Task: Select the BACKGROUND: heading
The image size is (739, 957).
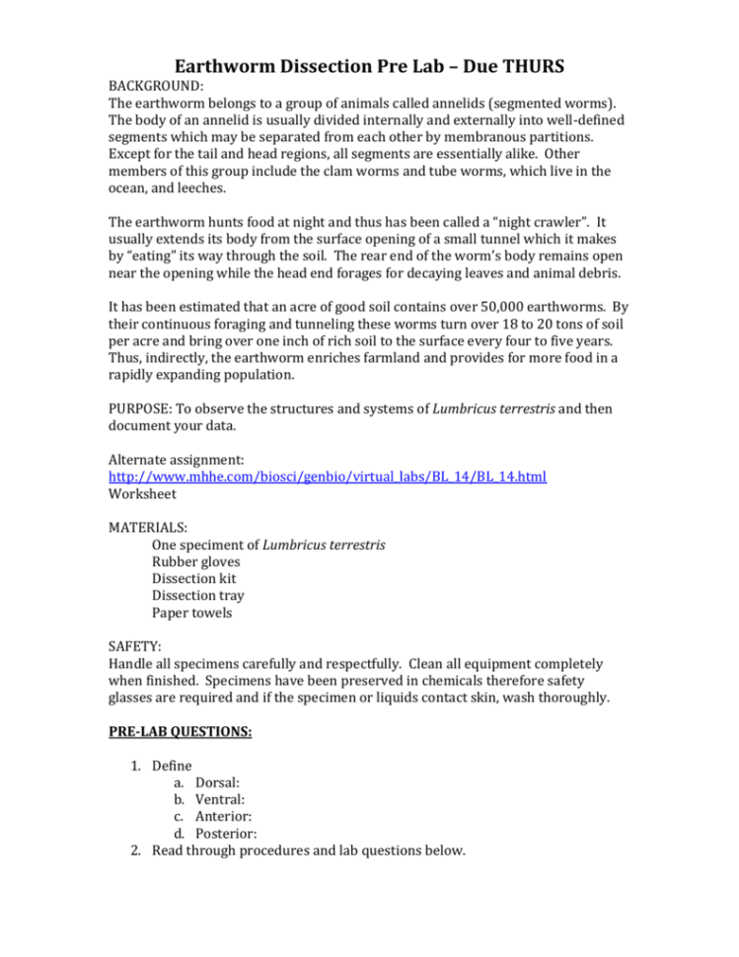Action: (156, 87)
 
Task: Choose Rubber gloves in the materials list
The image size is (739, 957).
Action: (195, 561)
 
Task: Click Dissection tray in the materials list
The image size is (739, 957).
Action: (197, 595)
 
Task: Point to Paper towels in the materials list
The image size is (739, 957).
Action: (193, 612)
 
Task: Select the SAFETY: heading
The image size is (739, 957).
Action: (134, 646)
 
